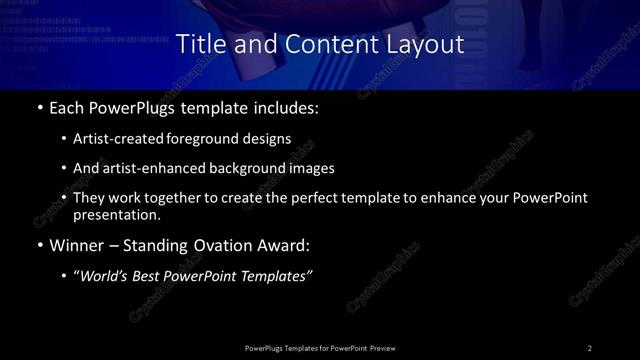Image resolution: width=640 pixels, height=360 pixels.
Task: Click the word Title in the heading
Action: [x=200, y=45]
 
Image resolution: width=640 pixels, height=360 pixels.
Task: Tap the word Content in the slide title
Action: [x=319, y=45]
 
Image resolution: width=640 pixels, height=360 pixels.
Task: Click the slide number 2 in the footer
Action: [x=590, y=347]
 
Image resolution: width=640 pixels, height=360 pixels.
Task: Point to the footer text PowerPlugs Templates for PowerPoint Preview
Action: [x=319, y=347]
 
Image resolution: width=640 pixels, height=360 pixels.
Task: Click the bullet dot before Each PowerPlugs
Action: [x=39, y=108]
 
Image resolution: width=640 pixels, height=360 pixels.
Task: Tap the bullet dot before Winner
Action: [x=39, y=244]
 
